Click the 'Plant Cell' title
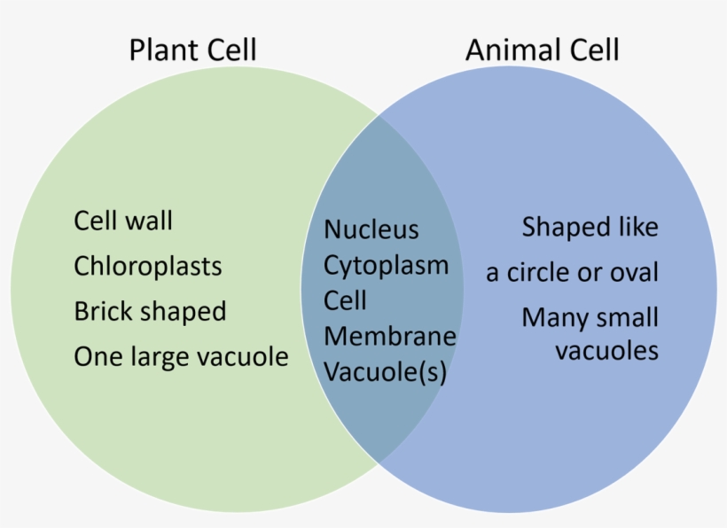pos(192,49)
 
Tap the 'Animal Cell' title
pos(542,49)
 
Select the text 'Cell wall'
pos(123,220)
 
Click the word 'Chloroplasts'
pos(148,266)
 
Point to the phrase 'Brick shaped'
pos(150,312)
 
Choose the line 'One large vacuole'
pos(181,357)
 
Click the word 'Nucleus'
pos(371,229)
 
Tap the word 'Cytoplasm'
pos(386,265)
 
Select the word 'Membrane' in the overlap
pos(390,337)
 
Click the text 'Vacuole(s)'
pos(385,372)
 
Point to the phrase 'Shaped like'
pos(590,228)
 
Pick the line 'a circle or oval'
pos(572,273)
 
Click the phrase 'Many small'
pos(590,317)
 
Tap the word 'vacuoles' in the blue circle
pos(606,350)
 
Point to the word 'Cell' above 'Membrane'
pos(345,300)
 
